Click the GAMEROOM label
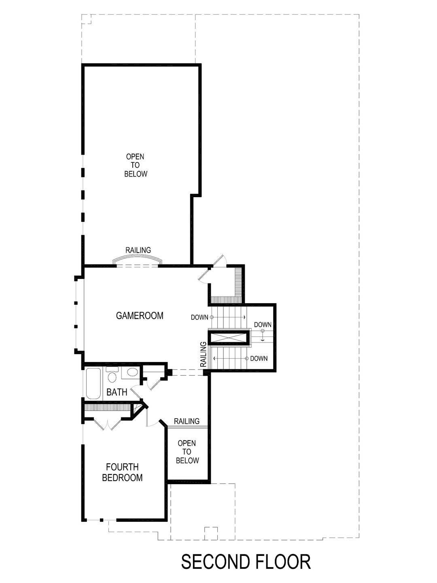tap(140, 316)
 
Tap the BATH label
tap(117, 392)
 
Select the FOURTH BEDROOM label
tap(122, 472)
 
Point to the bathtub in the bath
tap(93, 383)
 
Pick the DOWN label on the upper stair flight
tap(199, 317)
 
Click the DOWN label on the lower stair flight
tap(259, 358)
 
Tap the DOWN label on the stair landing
tap(263, 325)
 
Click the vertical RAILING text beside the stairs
tap(204, 355)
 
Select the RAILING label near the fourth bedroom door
tap(187, 421)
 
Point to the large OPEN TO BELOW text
tap(136, 165)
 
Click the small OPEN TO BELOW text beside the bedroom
tap(187, 452)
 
